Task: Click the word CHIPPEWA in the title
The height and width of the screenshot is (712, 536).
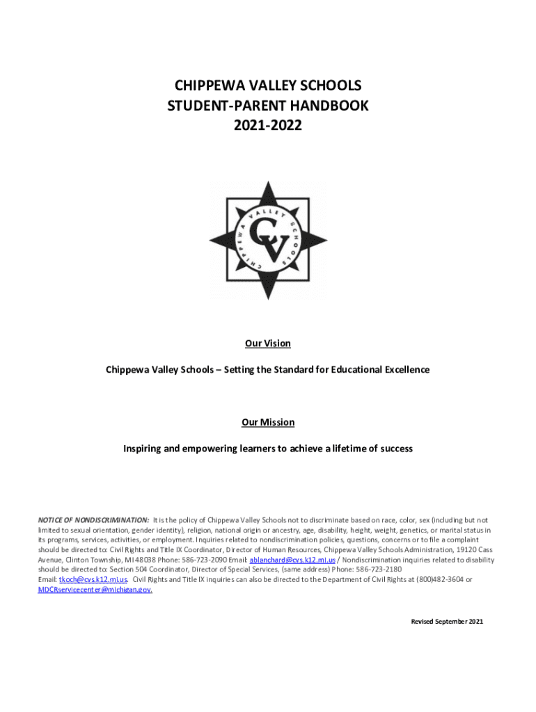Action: (x=208, y=86)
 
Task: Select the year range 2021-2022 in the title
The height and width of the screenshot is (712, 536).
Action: (x=268, y=127)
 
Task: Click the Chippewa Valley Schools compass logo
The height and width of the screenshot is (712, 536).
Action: (x=268, y=241)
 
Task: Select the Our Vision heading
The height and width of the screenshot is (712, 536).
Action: (x=268, y=343)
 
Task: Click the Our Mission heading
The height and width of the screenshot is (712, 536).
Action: (x=268, y=423)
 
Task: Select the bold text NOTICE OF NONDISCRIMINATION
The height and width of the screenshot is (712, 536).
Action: (x=93, y=519)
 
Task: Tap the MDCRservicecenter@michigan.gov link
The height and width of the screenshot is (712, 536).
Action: (x=95, y=590)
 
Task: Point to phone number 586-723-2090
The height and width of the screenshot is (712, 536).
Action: (x=203, y=560)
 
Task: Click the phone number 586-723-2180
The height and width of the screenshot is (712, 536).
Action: (x=379, y=569)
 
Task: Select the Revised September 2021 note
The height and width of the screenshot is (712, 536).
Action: (x=447, y=621)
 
